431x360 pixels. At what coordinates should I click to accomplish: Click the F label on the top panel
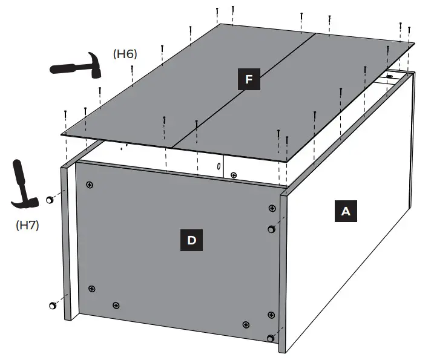[249, 80]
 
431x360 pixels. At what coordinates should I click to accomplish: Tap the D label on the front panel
[192, 240]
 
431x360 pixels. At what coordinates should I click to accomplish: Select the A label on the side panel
[346, 211]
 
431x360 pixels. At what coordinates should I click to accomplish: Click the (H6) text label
[125, 54]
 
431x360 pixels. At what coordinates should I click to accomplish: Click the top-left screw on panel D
[90, 184]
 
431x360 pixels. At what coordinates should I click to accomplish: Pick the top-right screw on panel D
[271, 209]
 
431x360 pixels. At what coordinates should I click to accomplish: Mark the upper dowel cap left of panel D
[50, 200]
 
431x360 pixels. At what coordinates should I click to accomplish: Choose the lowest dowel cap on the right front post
[270, 338]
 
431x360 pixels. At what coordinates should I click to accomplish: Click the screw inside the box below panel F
[234, 175]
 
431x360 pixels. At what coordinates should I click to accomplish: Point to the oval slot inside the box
[218, 166]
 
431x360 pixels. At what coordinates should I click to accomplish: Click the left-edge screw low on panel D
[91, 289]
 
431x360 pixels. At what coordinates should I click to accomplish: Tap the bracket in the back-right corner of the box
[390, 77]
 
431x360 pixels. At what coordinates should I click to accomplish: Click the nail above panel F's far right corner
[410, 30]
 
